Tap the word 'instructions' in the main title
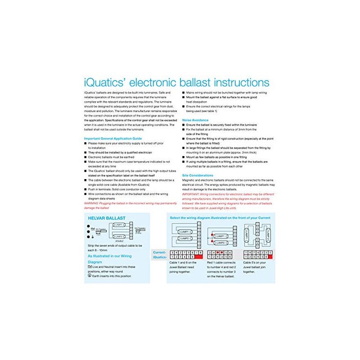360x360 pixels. [x=238, y=83]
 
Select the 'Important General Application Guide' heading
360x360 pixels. [x=113, y=138]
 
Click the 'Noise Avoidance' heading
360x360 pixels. [x=195, y=120]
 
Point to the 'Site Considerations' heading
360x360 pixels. [x=198, y=175]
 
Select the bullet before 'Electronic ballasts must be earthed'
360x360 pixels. [x=85, y=157]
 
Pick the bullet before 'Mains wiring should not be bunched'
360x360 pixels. [x=184, y=92]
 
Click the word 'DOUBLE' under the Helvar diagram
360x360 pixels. [x=120, y=241]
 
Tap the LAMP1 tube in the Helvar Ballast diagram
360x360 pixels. [x=119, y=224]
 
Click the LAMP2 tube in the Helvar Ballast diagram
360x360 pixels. [x=119, y=236]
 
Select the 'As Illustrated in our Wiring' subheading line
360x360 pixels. [x=109, y=256]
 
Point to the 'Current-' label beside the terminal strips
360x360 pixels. [x=160, y=252]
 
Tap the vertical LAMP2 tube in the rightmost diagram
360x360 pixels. [x=264, y=235]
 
